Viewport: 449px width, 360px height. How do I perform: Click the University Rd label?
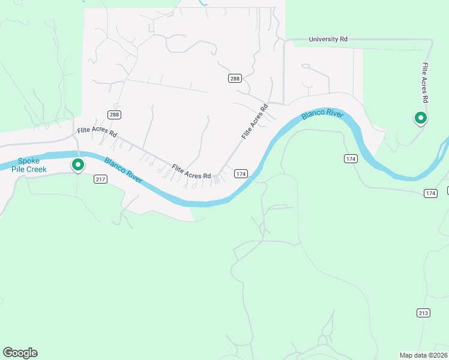(x=328, y=40)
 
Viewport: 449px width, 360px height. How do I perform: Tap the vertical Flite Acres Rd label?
(x=425, y=82)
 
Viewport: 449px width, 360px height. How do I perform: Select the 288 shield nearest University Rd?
(x=235, y=79)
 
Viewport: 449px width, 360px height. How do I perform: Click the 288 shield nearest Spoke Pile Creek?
(x=114, y=115)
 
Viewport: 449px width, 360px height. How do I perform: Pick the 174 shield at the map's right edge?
(x=430, y=193)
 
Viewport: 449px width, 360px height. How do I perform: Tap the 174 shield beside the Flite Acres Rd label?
(x=241, y=173)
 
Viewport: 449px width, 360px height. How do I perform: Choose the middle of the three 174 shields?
(x=351, y=158)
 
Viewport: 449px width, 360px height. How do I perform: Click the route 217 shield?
(x=100, y=179)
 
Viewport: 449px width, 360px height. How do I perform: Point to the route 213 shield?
(x=423, y=313)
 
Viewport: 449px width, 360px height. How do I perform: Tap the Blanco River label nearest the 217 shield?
(x=124, y=171)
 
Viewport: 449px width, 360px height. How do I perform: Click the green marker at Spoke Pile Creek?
(x=77, y=164)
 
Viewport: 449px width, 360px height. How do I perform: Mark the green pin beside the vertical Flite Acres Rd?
(x=421, y=118)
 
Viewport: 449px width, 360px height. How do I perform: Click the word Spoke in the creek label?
(x=28, y=161)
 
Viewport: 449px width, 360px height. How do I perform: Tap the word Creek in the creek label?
(x=34, y=169)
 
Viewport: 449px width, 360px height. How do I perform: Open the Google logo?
(x=20, y=353)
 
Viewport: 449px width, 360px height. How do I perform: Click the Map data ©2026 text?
(x=423, y=355)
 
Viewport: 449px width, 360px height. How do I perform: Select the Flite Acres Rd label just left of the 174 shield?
(x=191, y=172)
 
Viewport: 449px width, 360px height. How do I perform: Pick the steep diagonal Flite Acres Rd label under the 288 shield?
(x=255, y=122)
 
